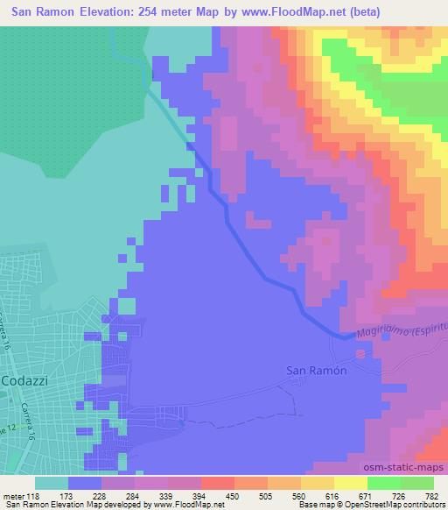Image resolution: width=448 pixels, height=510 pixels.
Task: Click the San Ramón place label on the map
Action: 317,370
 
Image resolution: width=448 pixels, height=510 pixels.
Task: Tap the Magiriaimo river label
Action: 385,332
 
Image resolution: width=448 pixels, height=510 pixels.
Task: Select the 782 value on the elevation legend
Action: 432,495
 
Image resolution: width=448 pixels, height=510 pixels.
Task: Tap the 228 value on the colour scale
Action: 101,495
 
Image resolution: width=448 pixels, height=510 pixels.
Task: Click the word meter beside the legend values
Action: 14,495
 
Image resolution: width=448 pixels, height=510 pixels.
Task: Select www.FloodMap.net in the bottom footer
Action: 187,505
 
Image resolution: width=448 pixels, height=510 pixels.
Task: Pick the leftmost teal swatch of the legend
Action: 52,483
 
